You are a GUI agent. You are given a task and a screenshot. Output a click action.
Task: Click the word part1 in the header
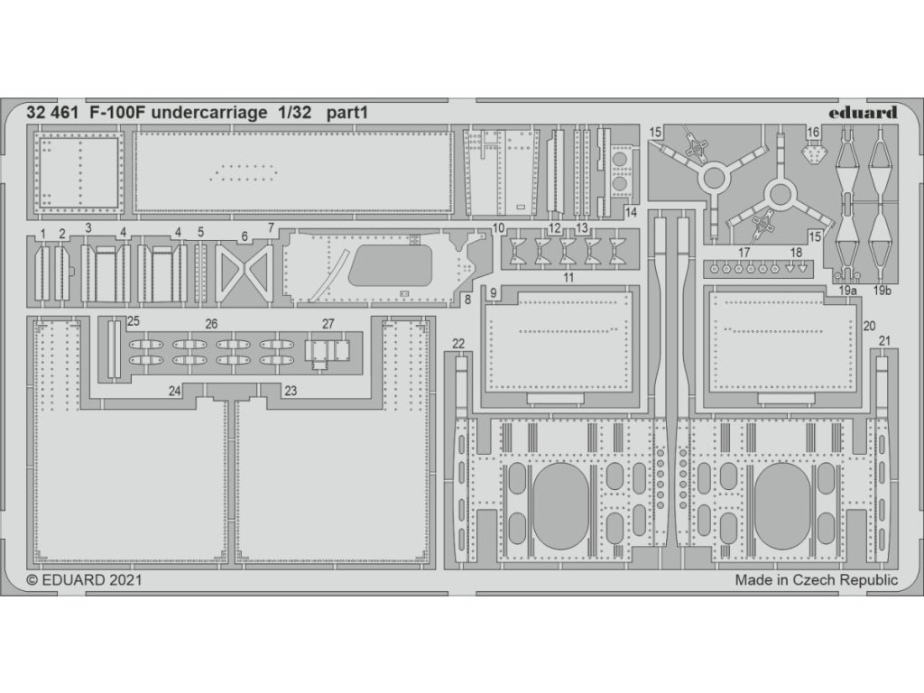(x=346, y=114)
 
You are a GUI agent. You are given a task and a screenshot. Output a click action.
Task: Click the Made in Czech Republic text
(x=817, y=580)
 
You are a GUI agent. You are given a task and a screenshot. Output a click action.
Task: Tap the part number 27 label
(x=328, y=323)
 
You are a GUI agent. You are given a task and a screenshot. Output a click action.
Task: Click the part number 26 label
(x=211, y=323)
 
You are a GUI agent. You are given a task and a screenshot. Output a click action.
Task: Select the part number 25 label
(x=134, y=321)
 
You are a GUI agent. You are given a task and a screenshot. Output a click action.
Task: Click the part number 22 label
(x=458, y=343)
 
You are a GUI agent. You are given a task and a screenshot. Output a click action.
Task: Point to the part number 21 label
(x=884, y=340)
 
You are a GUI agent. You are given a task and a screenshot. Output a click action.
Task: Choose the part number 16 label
(x=813, y=133)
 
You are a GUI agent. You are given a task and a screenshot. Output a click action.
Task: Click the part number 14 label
(x=630, y=212)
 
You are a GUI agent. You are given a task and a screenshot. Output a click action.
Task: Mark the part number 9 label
(x=494, y=293)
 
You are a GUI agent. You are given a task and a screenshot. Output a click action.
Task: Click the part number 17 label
(x=743, y=252)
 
